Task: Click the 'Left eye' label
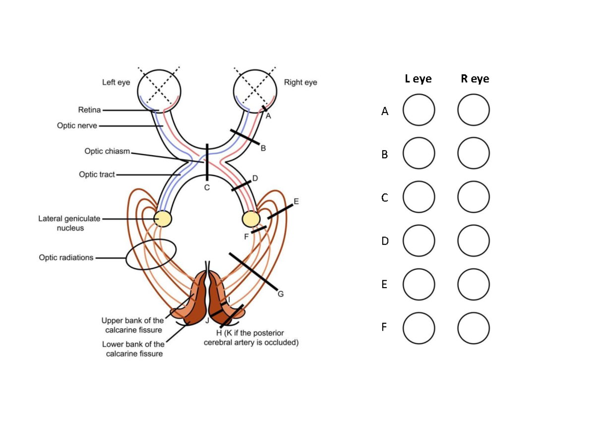(x=116, y=82)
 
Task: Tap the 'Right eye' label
(x=300, y=82)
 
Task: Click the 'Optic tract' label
(x=97, y=175)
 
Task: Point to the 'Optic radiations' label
(x=66, y=258)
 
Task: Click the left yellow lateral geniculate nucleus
(x=163, y=219)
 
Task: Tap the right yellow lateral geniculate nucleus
(x=251, y=219)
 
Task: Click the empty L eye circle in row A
(x=418, y=111)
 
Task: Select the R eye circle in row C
(x=474, y=197)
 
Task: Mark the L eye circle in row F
(x=418, y=328)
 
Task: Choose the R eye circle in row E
(x=474, y=285)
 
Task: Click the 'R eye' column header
(x=475, y=79)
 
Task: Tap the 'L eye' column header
(x=418, y=79)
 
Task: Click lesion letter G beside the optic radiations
(x=280, y=294)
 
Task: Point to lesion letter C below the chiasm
(x=207, y=188)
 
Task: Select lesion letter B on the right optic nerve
(x=263, y=148)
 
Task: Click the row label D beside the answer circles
(x=385, y=241)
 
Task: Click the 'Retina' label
(x=89, y=110)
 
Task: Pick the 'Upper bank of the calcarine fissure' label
(x=132, y=325)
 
